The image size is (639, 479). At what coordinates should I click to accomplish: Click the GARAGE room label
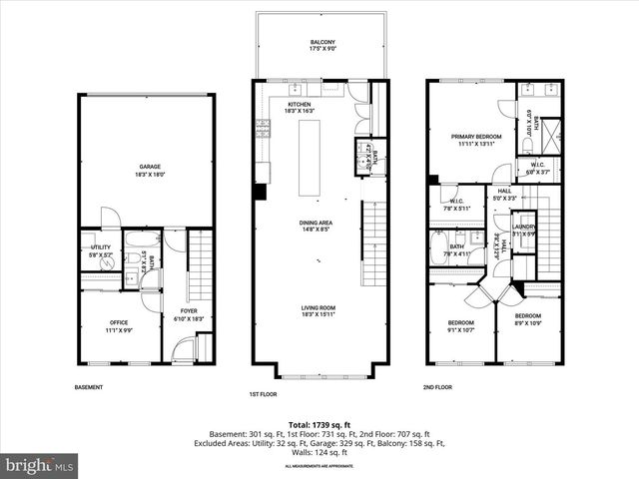click(x=150, y=167)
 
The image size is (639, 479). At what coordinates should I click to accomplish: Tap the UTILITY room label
click(x=101, y=246)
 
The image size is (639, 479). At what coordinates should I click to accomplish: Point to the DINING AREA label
click(x=316, y=223)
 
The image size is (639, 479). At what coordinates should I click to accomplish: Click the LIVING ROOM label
click(x=316, y=308)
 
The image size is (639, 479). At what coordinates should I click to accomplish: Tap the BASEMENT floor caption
click(x=89, y=387)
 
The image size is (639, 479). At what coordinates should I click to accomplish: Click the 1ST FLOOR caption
click(x=263, y=394)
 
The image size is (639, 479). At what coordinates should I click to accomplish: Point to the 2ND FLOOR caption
click(x=437, y=387)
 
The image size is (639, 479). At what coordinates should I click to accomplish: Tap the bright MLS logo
click(x=40, y=465)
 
